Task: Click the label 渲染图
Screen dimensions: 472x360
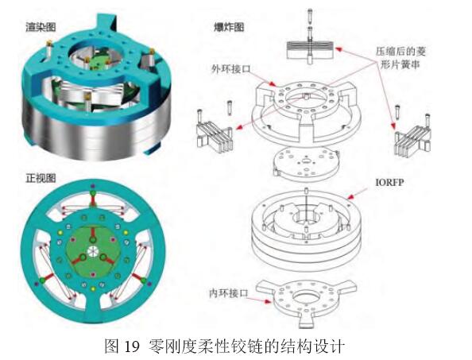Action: tap(41, 27)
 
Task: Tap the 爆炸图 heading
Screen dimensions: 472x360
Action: tap(229, 27)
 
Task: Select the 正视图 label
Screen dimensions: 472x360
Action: tap(41, 178)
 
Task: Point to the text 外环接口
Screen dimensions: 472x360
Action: tap(231, 69)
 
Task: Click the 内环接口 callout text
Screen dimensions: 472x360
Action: tap(229, 293)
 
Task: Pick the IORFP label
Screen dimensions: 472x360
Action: tap(389, 182)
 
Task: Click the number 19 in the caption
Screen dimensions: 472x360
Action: tap(132, 346)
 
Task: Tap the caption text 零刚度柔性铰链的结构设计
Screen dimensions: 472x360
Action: tap(246, 346)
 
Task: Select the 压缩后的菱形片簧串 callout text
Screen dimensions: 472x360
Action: tap(400, 58)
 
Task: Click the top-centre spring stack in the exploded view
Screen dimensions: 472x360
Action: tap(310, 49)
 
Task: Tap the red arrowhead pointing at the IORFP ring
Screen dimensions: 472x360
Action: tap(350, 197)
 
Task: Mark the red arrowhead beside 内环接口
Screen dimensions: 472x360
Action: tap(268, 301)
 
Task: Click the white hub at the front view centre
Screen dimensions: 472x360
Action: tap(93, 251)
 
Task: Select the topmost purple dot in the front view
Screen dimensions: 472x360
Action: tap(93, 186)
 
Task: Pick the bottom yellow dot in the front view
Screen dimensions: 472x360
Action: tap(93, 289)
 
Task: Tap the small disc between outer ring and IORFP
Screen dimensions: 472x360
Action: tap(306, 165)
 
